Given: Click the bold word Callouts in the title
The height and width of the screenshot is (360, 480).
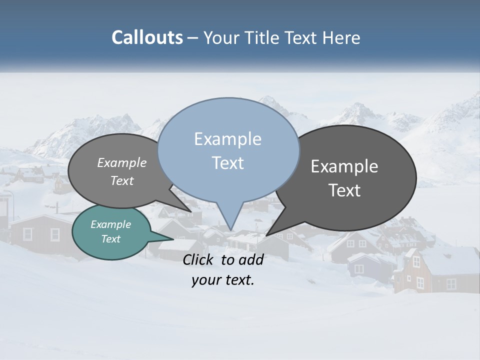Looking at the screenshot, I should point(147,37).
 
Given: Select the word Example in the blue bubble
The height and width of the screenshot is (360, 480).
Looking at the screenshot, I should point(227,139).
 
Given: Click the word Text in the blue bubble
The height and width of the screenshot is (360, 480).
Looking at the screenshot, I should point(227,162).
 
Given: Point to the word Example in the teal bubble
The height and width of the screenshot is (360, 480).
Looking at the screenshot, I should point(110,224).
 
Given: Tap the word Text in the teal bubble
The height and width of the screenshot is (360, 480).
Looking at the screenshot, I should point(110,239).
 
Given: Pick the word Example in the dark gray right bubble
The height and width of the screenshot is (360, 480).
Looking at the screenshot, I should point(344,166).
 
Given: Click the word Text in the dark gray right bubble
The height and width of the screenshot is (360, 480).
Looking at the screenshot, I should point(344,190).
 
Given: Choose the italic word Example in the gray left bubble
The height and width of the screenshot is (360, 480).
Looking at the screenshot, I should point(121,163).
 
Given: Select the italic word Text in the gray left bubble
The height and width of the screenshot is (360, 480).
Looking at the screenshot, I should point(121,181).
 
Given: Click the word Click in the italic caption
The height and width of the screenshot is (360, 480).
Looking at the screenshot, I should point(199,259).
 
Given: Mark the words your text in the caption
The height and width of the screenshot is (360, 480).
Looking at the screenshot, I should point(223,280).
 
